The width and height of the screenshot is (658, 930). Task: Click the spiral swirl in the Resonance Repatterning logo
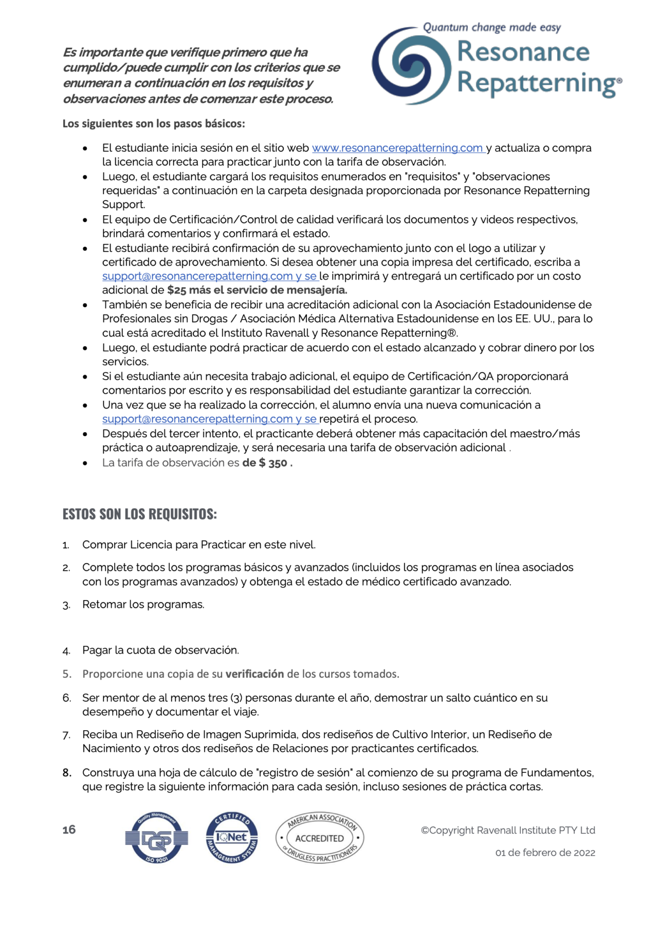pyautogui.click(x=411, y=66)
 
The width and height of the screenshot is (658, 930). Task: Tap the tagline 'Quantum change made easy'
pyautogui.click(x=491, y=27)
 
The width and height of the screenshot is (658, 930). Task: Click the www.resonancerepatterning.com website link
pyautogui.click(x=397, y=148)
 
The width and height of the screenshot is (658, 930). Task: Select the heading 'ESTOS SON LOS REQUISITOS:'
pyautogui.click(x=139, y=514)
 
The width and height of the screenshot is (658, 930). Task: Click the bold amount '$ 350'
pyautogui.click(x=273, y=463)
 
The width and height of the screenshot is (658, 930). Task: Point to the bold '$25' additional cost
pyautogui.click(x=177, y=290)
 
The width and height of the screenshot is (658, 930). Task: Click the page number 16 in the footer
pyautogui.click(x=69, y=829)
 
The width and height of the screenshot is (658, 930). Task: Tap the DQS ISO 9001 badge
pyautogui.click(x=157, y=838)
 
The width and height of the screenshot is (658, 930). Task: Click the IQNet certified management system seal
pyautogui.click(x=232, y=838)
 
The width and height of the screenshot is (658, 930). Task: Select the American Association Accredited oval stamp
pyautogui.click(x=320, y=838)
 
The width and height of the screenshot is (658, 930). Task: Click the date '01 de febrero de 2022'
pyautogui.click(x=545, y=852)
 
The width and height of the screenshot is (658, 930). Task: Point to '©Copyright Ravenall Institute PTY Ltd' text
pyautogui.click(x=508, y=830)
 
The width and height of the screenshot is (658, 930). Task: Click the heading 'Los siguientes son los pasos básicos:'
pyautogui.click(x=154, y=123)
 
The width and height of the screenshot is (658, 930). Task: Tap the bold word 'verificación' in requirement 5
pyautogui.click(x=254, y=674)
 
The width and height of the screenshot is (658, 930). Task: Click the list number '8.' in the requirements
pyautogui.click(x=67, y=772)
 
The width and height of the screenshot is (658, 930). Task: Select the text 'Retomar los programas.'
pyautogui.click(x=143, y=604)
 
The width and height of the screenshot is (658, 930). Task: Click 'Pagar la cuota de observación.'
pyautogui.click(x=160, y=650)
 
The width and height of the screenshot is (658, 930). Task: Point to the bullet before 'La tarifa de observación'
pyautogui.click(x=85, y=463)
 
